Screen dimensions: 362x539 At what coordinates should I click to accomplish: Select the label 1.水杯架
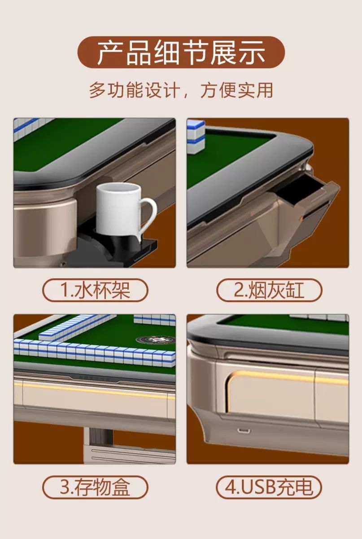pyautogui.click(x=95, y=290)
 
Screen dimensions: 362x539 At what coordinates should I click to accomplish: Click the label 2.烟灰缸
pyautogui.click(x=269, y=290)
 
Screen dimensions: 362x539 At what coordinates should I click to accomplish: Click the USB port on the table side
pyautogui.click(x=244, y=430)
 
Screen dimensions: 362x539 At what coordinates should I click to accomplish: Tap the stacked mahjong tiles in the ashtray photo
pyautogui.click(x=196, y=137)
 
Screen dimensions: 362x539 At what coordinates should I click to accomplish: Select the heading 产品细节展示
pyautogui.click(x=181, y=52)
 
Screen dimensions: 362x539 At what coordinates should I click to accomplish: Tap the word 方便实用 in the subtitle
pyautogui.click(x=237, y=90)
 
